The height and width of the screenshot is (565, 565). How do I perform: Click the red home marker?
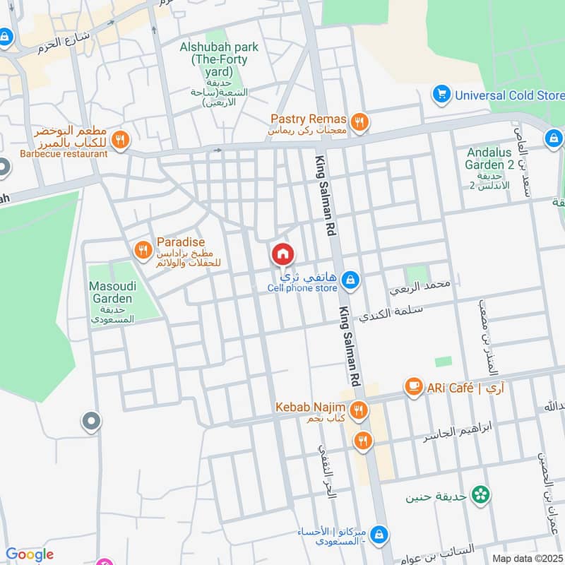282,254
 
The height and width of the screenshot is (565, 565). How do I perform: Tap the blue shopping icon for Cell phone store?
350,282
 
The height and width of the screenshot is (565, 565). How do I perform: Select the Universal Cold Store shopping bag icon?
442,94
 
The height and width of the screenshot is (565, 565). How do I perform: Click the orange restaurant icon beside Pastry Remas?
360,123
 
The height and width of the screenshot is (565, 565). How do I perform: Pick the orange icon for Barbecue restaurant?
120,140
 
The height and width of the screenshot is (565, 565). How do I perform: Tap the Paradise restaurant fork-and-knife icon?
143,249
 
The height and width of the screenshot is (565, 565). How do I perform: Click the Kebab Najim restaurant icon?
359,410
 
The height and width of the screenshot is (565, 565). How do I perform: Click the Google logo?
29,555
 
